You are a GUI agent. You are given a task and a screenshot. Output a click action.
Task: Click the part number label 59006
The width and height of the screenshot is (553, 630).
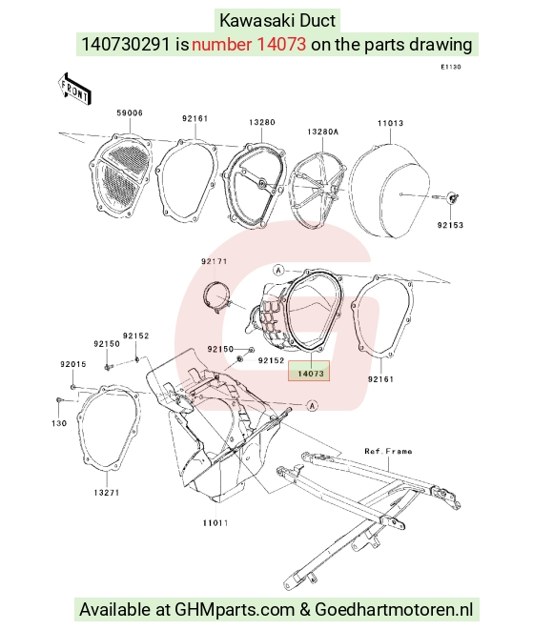click(x=130, y=112)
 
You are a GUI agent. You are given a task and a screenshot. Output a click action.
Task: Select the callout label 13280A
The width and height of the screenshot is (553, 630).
click(x=322, y=132)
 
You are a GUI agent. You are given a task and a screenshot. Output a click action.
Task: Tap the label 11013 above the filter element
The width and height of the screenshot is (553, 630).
click(x=390, y=123)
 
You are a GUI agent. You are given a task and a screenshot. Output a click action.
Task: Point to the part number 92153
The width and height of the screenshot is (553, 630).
click(x=450, y=225)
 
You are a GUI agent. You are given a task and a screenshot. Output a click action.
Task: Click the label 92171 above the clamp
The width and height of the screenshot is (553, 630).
click(x=215, y=261)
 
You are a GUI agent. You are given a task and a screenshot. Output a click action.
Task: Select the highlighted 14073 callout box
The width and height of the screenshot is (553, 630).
click(x=310, y=371)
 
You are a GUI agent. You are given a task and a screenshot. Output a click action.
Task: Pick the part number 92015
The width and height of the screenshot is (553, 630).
click(x=73, y=364)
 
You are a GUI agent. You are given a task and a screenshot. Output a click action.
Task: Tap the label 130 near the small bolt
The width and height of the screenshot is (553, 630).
click(x=59, y=423)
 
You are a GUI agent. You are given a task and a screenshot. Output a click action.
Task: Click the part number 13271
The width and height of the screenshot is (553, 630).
click(x=107, y=492)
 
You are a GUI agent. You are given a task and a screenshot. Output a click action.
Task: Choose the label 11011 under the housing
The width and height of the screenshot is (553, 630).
click(x=215, y=522)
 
